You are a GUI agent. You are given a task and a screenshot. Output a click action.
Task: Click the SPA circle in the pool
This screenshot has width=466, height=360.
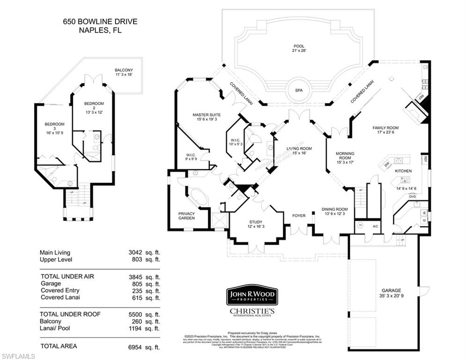(296, 91)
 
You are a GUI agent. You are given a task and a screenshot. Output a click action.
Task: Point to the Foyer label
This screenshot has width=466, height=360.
(299, 216)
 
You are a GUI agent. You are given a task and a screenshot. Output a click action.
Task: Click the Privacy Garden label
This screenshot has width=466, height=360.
(186, 215)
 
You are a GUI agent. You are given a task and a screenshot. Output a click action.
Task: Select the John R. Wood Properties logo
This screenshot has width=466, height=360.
(252, 295)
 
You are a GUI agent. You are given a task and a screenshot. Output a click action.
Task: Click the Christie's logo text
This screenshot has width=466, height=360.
(252, 311)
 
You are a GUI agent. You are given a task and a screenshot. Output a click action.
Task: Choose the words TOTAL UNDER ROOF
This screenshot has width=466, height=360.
(71, 314)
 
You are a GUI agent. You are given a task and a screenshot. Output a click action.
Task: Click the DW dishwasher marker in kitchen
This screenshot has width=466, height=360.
(387, 164)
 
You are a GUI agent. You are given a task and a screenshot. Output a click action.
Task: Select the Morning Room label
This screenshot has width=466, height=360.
(345, 156)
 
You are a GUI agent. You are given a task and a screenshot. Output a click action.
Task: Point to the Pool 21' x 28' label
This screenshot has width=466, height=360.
(299, 48)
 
